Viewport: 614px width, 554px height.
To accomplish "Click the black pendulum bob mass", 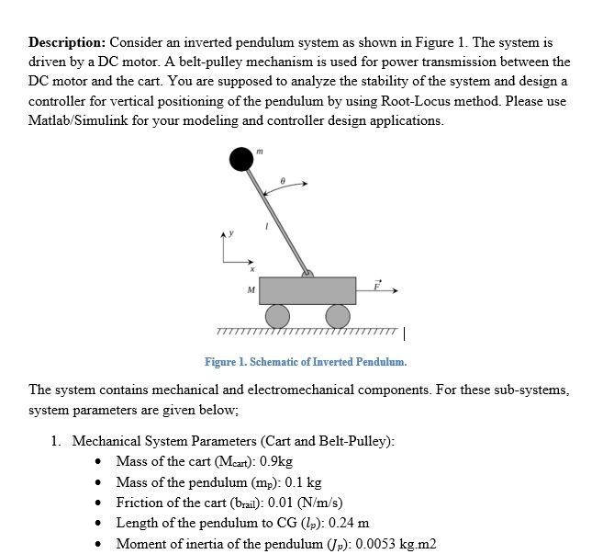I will click(x=241, y=160).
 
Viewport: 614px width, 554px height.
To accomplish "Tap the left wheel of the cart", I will click(x=277, y=316).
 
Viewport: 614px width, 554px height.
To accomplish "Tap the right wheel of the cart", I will click(x=338, y=316).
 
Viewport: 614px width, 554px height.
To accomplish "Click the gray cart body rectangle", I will click(x=307, y=290).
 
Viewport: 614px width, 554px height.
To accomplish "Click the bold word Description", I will click(x=67, y=43).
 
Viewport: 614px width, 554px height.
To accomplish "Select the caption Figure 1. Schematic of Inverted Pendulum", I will click(x=306, y=361).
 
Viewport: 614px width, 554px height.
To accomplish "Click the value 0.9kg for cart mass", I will click(x=276, y=461).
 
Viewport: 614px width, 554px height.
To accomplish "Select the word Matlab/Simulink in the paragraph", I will click(x=77, y=120).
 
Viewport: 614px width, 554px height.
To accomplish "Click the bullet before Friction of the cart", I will click(x=99, y=503).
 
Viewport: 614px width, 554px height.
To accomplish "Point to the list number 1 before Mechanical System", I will click(x=56, y=441).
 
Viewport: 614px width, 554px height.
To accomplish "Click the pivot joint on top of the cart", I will click(x=307, y=272).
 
